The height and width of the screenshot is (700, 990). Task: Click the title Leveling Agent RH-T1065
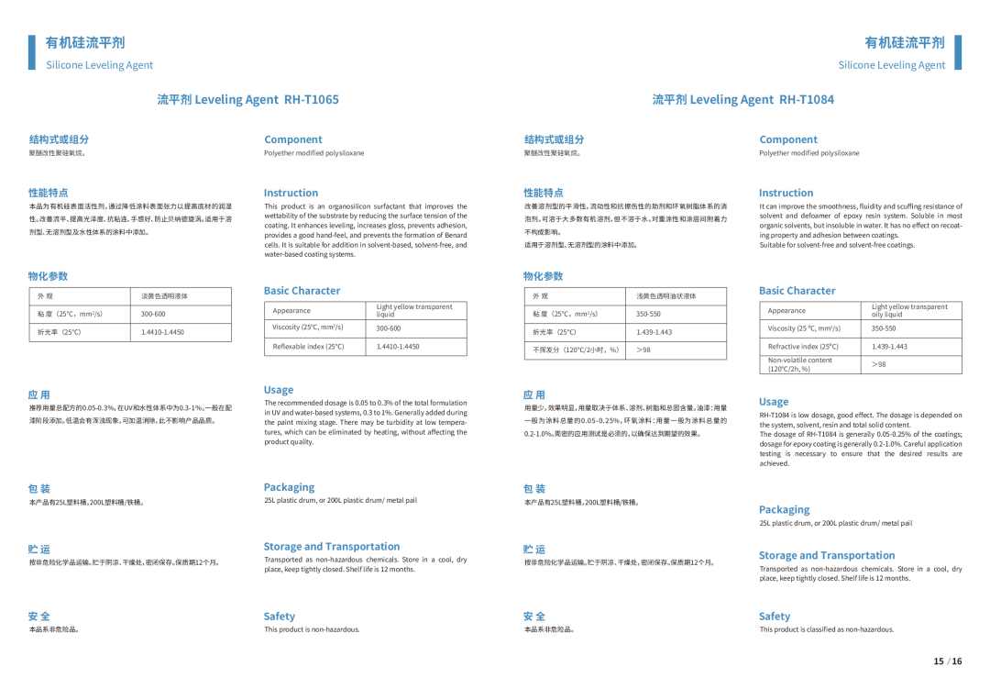click(247, 99)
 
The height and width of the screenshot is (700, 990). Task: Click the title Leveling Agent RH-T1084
click(743, 99)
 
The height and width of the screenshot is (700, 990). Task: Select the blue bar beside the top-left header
click(31, 52)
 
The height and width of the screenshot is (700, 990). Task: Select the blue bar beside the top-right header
click(958, 52)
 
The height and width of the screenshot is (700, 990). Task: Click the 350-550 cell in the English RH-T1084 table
click(884, 328)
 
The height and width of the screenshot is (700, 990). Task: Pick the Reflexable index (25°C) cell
click(309, 346)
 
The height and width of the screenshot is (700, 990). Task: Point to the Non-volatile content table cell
click(800, 364)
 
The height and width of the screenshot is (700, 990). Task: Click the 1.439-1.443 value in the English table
click(889, 346)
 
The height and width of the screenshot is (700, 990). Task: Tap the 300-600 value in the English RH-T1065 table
click(388, 328)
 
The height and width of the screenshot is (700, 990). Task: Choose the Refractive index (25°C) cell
click(804, 346)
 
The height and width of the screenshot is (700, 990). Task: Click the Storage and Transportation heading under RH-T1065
click(332, 546)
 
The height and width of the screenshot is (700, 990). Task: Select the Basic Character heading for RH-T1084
click(797, 291)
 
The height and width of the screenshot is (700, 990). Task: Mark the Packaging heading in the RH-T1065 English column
click(289, 487)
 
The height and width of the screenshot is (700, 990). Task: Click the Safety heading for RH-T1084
click(774, 617)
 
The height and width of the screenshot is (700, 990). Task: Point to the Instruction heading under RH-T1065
click(291, 193)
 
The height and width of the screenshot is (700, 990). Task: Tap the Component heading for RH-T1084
click(788, 139)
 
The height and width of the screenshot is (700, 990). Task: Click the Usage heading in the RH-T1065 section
click(279, 390)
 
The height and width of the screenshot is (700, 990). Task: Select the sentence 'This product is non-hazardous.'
click(312, 629)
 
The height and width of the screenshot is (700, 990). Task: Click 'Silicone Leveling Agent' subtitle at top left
click(100, 65)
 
